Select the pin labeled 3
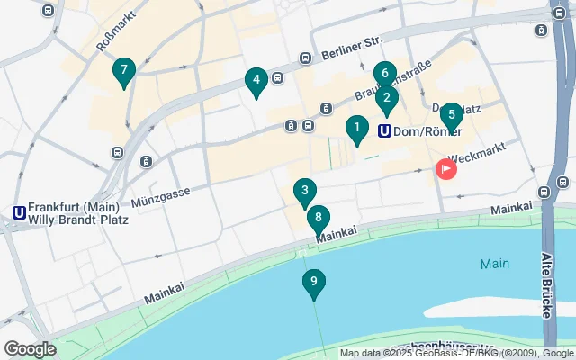point(305,192)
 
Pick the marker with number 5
point(452,115)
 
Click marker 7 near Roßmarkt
point(124,70)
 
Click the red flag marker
point(445,168)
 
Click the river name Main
point(494,264)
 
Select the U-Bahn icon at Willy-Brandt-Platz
point(18,212)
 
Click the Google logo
point(30,348)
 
